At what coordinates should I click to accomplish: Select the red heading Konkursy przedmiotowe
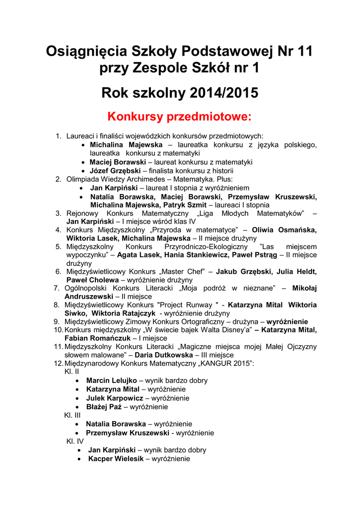coord(180,117)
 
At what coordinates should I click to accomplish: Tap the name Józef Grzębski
coord(114,171)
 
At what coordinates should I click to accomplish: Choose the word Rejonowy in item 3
coord(82,213)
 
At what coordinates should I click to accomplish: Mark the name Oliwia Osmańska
coord(285,230)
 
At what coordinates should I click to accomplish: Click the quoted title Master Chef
coord(186,271)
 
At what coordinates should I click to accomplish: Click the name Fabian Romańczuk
coord(93,338)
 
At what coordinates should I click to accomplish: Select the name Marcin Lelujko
coord(112,381)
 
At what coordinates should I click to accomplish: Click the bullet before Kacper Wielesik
coord(80,459)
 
